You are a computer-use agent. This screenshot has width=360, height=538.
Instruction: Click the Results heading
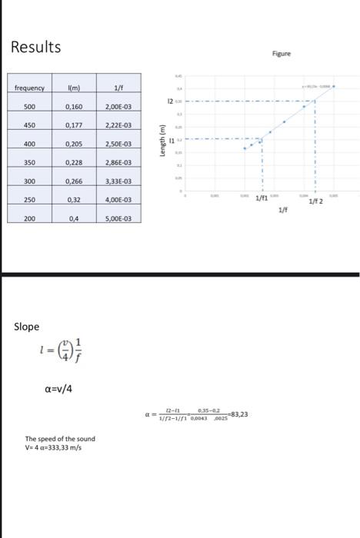[x=35, y=47]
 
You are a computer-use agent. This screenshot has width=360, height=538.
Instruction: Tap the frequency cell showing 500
[x=29, y=107]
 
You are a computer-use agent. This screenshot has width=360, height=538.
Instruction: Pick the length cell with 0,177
[x=75, y=125]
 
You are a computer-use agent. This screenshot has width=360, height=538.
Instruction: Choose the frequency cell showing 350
[x=29, y=163]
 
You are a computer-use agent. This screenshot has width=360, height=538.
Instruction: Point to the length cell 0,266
[x=75, y=181]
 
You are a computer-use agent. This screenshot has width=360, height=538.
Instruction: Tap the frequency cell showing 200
[x=29, y=219]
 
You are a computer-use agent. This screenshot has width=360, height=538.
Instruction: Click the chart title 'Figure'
[x=282, y=55]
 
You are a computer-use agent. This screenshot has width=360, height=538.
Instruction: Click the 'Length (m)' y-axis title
[x=162, y=142]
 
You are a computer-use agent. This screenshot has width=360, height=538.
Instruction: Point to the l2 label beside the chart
[x=168, y=101]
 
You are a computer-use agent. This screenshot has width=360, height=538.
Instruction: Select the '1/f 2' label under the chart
[x=315, y=201]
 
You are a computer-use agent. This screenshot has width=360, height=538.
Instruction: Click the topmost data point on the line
[x=333, y=87]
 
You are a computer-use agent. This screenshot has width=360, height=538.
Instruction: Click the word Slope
[x=26, y=327]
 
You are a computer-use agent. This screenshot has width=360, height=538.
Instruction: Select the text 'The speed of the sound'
[x=60, y=439]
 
